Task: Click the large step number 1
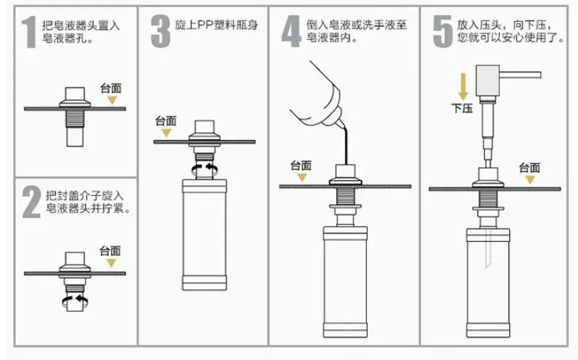tap(28, 33)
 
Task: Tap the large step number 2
tap(31, 202)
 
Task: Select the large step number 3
tap(161, 31)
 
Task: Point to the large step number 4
tap(291, 31)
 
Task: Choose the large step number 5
tap(442, 31)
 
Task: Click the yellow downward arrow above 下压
tap(464, 86)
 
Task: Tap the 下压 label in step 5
tap(462, 108)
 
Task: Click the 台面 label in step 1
tap(111, 88)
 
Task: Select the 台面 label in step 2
tap(110, 251)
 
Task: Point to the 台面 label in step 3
tap(166, 121)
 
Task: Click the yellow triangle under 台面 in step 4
tap(302, 178)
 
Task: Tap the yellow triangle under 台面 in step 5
tap(530, 179)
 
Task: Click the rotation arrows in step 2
tap(75, 301)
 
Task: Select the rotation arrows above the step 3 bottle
tap(205, 170)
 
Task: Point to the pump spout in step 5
tap(520, 75)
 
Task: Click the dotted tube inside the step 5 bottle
tap(489, 248)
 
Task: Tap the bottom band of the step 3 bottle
tap(205, 283)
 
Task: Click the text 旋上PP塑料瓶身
tap(216, 25)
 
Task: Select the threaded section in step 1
tap(75, 117)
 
